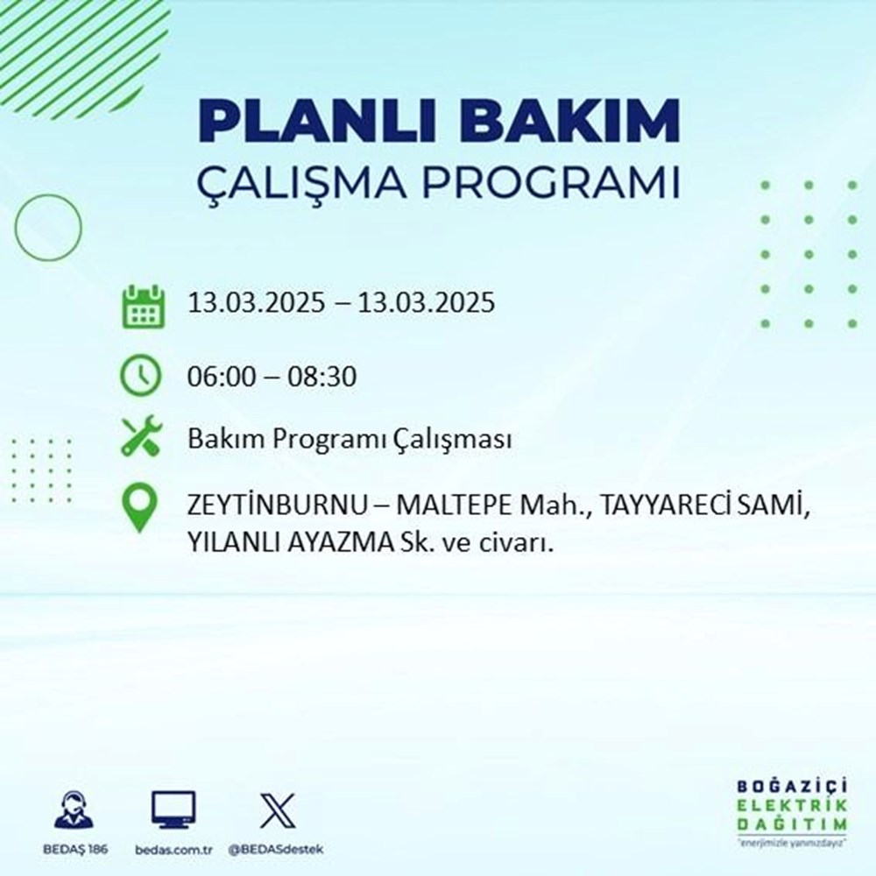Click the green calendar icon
click(141, 306)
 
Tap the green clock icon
click(141, 377)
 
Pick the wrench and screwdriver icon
click(140, 437)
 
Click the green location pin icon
click(140, 508)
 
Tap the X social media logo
click(278, 810)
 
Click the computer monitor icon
click(173, 810)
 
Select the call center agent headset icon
click(74, 810)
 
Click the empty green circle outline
click(48, 227)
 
